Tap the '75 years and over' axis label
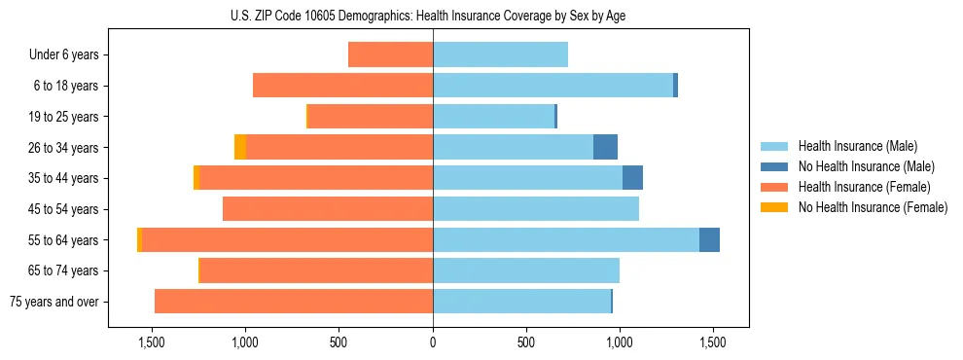[x=54, y=302]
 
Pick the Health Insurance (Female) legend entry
[x=864, y=187]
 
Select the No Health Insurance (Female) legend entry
[x=873, y=207]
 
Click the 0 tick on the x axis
[x=433, y=342]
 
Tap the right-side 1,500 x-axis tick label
[x=712, y=342]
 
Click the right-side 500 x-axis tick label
[x=526, y=342]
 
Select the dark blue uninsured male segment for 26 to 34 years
[x=605, y=147]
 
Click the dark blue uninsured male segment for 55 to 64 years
[x=709, y=240]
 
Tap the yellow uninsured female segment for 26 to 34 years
[x=240, y=147]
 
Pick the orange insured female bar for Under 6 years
[x=390, y=55]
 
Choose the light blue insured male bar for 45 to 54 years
[x=535, y=209]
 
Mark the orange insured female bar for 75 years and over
[x=294, y=302]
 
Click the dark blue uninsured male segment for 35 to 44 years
[x=632, y=178]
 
